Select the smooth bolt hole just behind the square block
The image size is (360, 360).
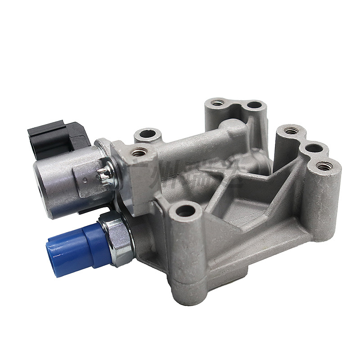pyautogui.click(x=147, y=134)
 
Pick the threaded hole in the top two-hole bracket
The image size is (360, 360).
pyautogui.click(x=218, y=103)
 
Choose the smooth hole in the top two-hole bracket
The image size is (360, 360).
pyautogui.click(x=254, y=105)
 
